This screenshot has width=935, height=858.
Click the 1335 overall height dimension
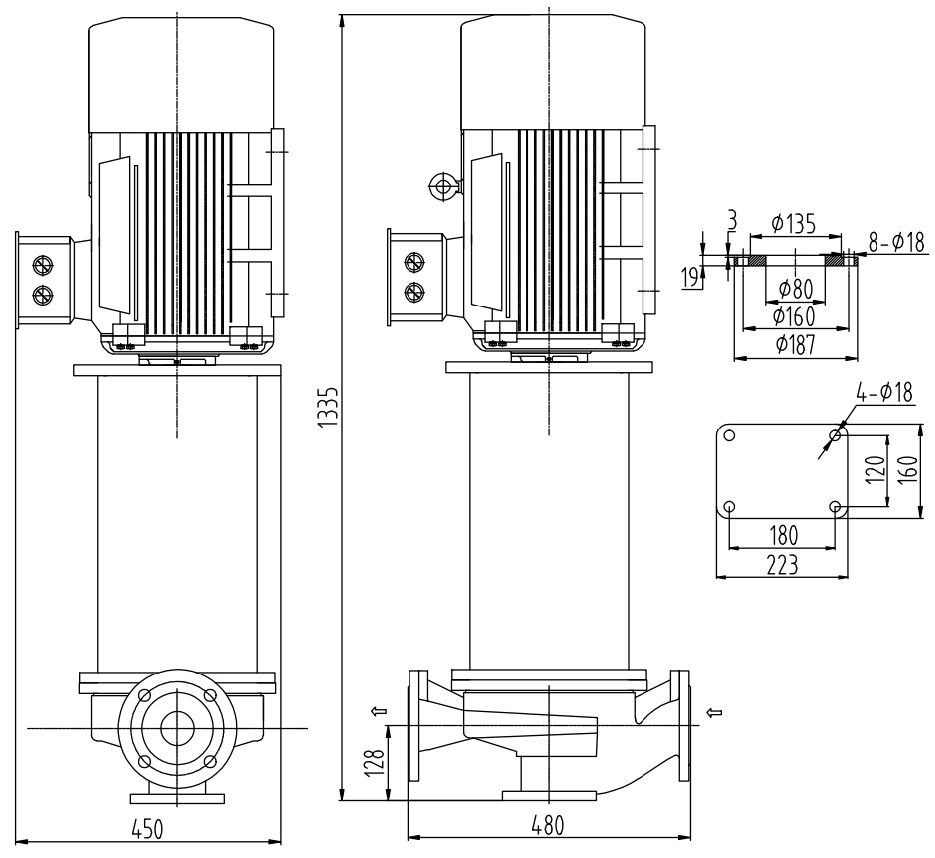tap(335, 406)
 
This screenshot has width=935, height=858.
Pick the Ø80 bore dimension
tap(799, 289)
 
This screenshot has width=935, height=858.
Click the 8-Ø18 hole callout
tap(896, 240)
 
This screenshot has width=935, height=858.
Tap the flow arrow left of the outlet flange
tap(378, 711)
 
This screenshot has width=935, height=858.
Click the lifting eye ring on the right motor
tap(440, 184)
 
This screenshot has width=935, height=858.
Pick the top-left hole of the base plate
tap(728, 435)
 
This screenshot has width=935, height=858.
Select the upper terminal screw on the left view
tap(43, 265)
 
